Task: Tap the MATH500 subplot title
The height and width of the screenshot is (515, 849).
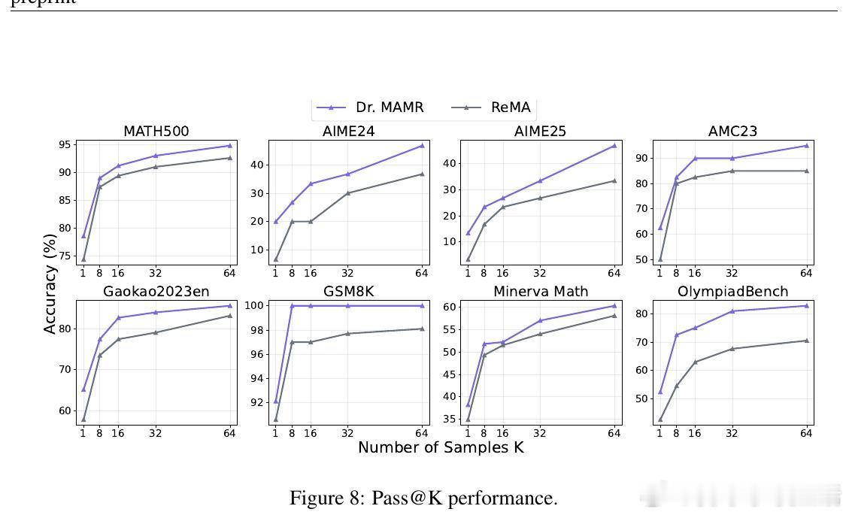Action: (x=156, y=132)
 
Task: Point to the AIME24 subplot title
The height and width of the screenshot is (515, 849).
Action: (x=349, y=132)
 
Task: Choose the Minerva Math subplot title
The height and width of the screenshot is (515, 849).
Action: (x=541, y=291)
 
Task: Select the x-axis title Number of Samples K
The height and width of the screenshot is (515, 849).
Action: (x=441, y=447)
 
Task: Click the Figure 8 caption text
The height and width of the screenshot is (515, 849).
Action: (x=423, y=498)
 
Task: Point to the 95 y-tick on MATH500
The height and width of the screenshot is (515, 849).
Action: (x=65, y=144)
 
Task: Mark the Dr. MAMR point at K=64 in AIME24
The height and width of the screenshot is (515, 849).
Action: (x=422, y=145)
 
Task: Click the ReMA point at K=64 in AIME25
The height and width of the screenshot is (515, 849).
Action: (x=614, y=180)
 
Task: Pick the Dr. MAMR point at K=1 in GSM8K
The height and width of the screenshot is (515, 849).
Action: (x=275, y=401)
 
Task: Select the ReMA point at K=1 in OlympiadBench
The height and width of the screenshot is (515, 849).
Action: (x=660, y=420)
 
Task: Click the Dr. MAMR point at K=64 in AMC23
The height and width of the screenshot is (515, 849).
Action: (x=806, y=145)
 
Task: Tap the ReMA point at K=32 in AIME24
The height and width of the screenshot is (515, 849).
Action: (x=347, y=193)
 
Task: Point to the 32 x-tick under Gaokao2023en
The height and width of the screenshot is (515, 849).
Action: (x=156, y=433)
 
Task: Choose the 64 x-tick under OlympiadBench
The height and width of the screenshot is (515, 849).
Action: (x=806, y=433)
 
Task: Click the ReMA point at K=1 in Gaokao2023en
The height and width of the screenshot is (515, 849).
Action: (x=83, y=420)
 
